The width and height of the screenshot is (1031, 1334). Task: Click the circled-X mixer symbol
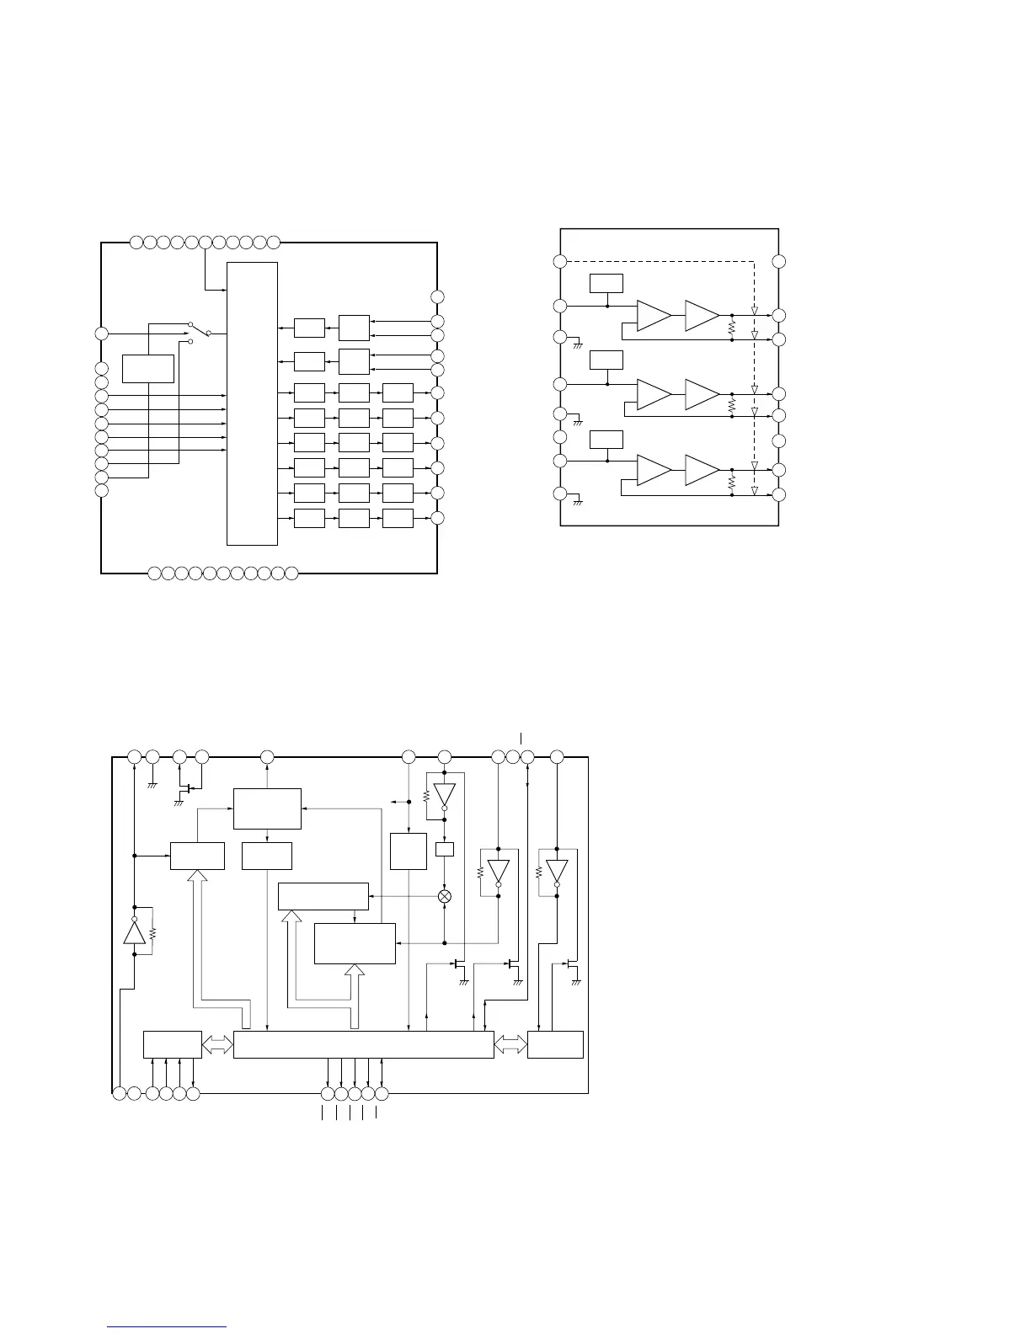click(x=445, y=896)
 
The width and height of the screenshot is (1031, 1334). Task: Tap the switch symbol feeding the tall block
click(x=199, y=333)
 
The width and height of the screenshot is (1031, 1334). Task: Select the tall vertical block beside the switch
click(x=252, y=403)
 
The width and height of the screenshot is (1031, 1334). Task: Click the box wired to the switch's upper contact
click(x=148, y=368)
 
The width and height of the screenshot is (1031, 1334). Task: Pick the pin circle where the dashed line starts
click(x=559, y=261)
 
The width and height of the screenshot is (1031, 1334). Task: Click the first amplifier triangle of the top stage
click(x=654, y=315)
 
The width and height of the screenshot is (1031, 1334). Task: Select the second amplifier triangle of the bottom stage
click(x=702, y=470)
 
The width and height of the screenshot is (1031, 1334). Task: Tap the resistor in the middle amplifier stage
click(x=731, y=405)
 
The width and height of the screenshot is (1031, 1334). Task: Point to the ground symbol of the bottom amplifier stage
click(x=578, y=502)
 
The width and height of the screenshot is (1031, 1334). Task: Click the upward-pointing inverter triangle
click(x=134, y=931)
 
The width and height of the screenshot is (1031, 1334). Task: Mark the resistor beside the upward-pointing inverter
click(x=153, y=932)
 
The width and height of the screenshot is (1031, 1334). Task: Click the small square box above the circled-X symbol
click(x=445, y=849)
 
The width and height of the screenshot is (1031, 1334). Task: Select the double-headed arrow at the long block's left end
click(x=217, y=1044)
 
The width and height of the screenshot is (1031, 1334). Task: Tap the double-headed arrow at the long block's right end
click(x=510, y=1044)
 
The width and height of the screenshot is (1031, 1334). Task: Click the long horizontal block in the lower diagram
click(x=363, y=1044)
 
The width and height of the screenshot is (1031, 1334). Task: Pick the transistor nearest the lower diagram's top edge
click(x=189, y=790)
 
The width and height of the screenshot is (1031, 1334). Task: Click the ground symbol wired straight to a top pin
click(x=152, y=785)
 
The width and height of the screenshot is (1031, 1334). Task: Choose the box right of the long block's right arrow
click(x=555, y=1044)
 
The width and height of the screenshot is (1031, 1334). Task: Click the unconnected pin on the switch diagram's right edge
click(x=437, y=296)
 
